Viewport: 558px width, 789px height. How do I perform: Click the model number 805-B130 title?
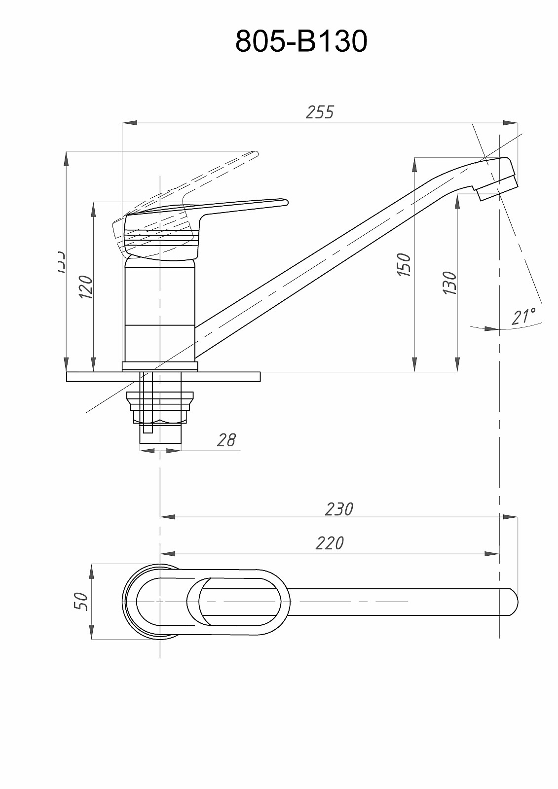tap(301, 41)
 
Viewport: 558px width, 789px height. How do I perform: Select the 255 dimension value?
tap(320, 112)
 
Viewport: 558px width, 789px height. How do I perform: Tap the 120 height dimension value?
tap(86, 287)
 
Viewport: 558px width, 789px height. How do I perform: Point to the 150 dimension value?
tap(404, 264)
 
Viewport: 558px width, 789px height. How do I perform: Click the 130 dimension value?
tap(450, 283)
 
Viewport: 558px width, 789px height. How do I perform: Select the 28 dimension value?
tap(226, 440)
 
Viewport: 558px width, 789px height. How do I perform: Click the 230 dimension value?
tap(339, 509)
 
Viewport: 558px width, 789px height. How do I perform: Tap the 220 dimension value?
tap(330, 543)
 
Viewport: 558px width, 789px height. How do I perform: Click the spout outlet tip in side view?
tap(498, 190)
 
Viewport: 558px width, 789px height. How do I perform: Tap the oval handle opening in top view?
tap(240, 602)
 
